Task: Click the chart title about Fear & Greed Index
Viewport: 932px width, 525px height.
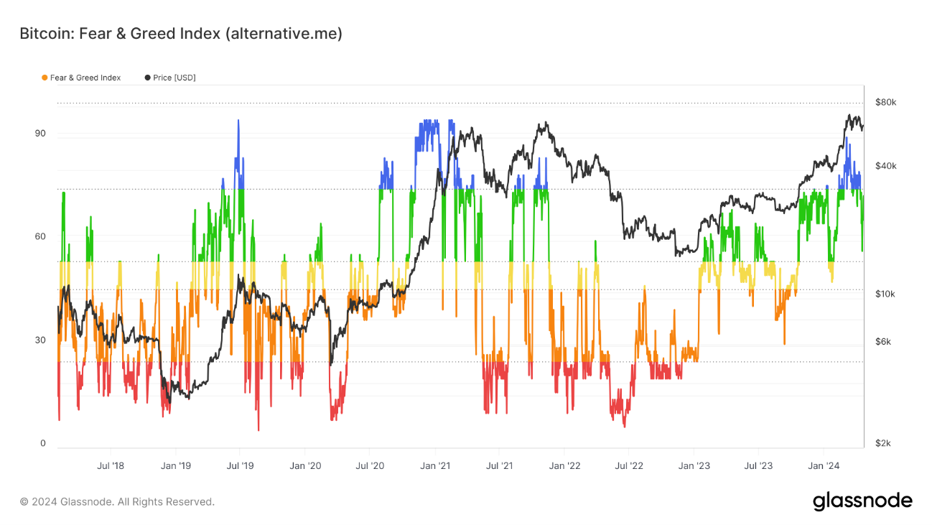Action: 180,34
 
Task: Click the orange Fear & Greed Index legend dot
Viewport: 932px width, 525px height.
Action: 45,78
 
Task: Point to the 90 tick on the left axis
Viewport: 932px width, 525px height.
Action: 40,134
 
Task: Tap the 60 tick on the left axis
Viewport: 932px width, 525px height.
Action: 40,237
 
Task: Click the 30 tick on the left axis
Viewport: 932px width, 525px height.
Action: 40,340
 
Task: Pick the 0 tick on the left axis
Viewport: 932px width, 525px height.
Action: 42,444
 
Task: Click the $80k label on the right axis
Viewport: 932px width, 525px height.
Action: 885,103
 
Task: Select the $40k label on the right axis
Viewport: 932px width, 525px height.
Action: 885,166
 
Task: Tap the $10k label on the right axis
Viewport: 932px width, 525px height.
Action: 885,294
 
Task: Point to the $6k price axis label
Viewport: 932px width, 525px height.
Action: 883,342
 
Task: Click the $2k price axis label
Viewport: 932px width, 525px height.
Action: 883,444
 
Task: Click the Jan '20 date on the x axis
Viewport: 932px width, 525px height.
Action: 305,465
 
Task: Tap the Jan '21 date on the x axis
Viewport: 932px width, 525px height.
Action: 435,465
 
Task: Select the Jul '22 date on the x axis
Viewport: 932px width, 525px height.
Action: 630,465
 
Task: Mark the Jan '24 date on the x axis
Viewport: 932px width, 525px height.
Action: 825,465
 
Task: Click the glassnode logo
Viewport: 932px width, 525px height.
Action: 862,501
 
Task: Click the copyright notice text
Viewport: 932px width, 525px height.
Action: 117,502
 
